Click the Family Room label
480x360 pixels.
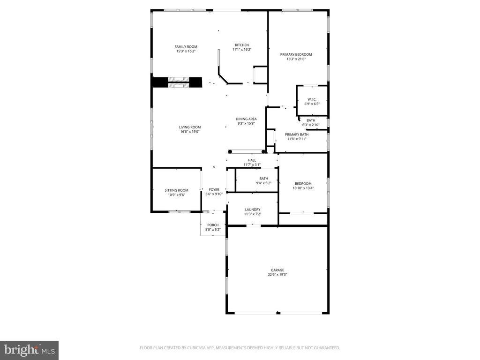point(186,46)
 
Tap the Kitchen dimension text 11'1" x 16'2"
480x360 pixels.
point(242,50)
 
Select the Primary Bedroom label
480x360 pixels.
point(296,54)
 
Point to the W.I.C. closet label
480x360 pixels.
point(312,99)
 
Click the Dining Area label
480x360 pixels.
point(246,119)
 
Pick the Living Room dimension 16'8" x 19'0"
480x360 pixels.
point(189,132)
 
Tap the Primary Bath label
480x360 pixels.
point(297,135)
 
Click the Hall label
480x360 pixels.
point(252,160)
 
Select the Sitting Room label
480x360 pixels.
point(176,190)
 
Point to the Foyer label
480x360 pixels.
point(214,190)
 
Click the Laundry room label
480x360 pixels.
point(252,210)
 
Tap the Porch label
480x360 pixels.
point(213,225)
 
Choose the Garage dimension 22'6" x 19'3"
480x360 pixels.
point(277,275)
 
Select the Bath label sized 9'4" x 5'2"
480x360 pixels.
point(263,178)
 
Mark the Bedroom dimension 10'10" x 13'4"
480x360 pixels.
point(303,188)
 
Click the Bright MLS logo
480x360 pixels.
point(29,350)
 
